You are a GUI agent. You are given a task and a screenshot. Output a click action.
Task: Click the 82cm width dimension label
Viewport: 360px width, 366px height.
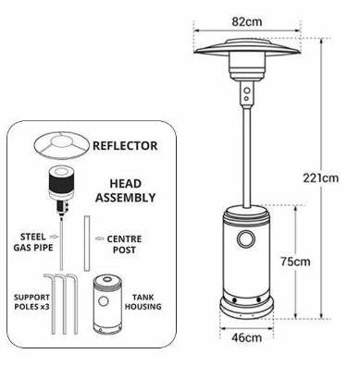tap(247, 21)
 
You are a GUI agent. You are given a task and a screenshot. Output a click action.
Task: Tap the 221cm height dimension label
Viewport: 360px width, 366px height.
tap(320, 178)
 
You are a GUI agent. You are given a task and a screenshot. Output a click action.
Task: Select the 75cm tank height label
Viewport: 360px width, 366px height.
tap(295, 262)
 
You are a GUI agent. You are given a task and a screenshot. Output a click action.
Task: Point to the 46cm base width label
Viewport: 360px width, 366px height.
tap(246, 337)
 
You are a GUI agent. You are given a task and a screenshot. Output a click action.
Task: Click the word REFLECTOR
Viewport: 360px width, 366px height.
tap(125, 146)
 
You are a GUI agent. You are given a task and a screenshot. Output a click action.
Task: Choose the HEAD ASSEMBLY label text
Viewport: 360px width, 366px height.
tap(126, 190)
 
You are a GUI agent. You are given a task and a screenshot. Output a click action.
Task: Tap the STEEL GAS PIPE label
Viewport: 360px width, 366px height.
tap(33, 242)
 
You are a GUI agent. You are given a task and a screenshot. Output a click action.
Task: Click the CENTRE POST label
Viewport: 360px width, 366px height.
tap(124, 244)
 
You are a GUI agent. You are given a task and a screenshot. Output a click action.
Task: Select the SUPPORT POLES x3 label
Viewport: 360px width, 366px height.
tap(31, 302)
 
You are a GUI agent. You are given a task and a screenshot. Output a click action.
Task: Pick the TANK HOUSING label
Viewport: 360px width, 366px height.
tap(143, 302)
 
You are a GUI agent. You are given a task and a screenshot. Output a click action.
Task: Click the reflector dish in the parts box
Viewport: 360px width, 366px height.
tap(62, 144)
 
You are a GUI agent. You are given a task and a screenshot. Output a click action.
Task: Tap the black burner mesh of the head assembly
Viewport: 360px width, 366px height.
tap(61, 182)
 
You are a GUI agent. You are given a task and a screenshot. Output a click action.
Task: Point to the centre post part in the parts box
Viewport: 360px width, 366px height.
tap(87, 243)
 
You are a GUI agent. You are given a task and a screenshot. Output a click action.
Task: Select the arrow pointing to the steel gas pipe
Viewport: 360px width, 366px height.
tap(54, 237)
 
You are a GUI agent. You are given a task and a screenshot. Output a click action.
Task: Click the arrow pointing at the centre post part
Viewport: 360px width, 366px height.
tap(99, 238)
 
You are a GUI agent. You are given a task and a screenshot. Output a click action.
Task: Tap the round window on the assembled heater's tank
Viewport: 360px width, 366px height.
tap(246, 239)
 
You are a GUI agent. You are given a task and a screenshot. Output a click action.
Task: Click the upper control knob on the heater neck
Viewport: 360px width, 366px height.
tap(247, 91)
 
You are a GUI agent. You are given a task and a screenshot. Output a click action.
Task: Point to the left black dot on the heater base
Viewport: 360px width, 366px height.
tap(235, 300)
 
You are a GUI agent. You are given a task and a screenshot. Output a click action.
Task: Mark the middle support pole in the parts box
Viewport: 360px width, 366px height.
tap(63, 303)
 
